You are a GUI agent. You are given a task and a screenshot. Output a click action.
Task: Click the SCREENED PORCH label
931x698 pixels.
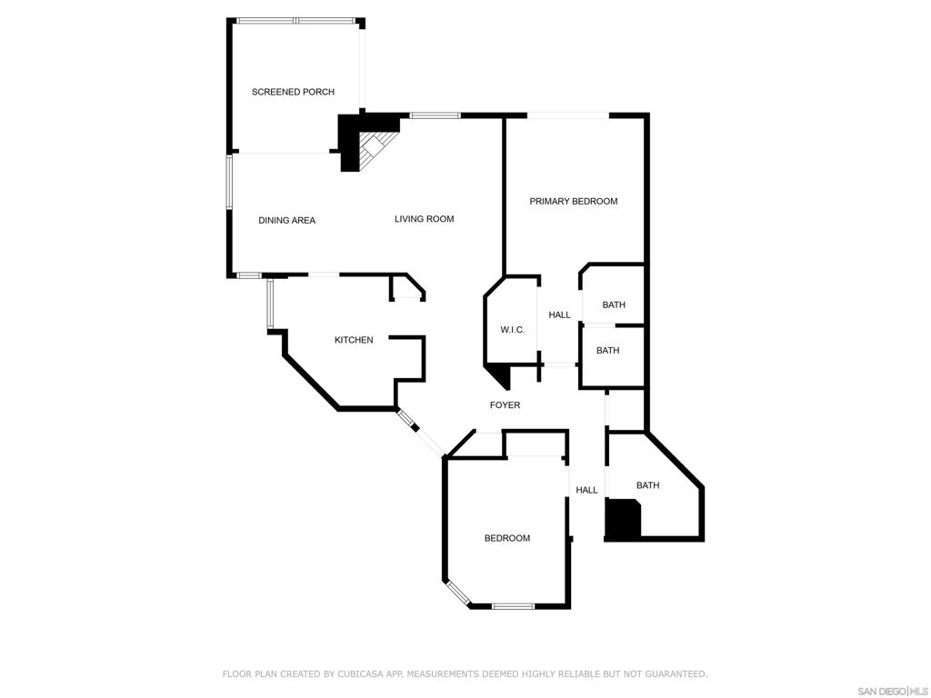[x=293, y=92]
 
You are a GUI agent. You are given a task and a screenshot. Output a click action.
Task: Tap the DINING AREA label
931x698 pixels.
[x=286, y=220]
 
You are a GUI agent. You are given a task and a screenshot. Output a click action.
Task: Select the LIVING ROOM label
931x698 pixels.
[x=424, y=219]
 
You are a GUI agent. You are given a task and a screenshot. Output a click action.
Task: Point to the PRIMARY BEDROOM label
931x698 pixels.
[x=573, y=201]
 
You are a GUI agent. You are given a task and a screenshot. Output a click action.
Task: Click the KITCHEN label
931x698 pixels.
[x=354, y=340]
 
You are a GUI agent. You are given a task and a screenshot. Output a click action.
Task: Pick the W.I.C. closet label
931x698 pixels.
[x=513, y=330]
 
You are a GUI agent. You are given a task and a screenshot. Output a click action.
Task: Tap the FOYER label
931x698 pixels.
[x=505, y=405]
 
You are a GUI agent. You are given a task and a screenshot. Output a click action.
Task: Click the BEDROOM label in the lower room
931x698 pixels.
[x=507, y=538]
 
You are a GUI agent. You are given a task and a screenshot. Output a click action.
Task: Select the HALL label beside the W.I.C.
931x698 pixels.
[x=559, y=315]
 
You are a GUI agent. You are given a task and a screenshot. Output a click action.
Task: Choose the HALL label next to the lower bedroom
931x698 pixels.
[x=586, y=490]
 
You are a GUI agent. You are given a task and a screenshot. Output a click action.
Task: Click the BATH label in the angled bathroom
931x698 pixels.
[x=647, y=485]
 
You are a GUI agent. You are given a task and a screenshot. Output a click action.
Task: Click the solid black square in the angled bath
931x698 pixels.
[x=623, y=519]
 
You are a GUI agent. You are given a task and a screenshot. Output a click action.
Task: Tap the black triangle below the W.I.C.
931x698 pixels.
[x=500, y=376]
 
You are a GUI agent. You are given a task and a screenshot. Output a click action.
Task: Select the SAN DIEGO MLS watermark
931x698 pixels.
[x=893, y=692]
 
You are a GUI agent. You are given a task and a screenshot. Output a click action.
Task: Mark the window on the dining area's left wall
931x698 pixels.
[x=229, y=182]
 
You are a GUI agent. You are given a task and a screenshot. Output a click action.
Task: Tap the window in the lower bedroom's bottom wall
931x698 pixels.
[x=514, y=606]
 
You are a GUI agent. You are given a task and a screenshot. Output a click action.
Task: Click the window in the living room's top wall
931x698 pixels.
[x=435, y=115]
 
